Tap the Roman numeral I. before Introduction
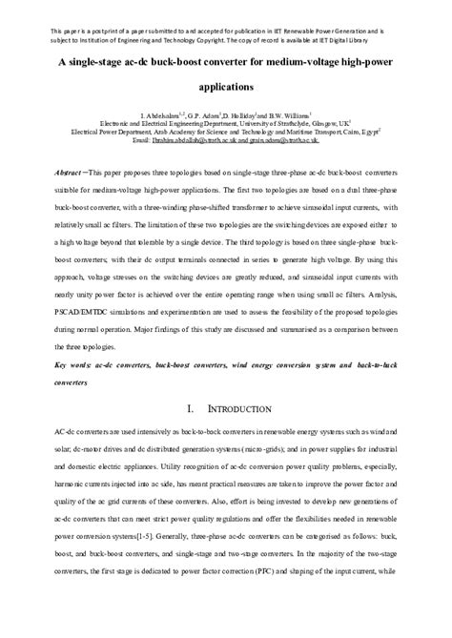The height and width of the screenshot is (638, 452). [x=191, y=408]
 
